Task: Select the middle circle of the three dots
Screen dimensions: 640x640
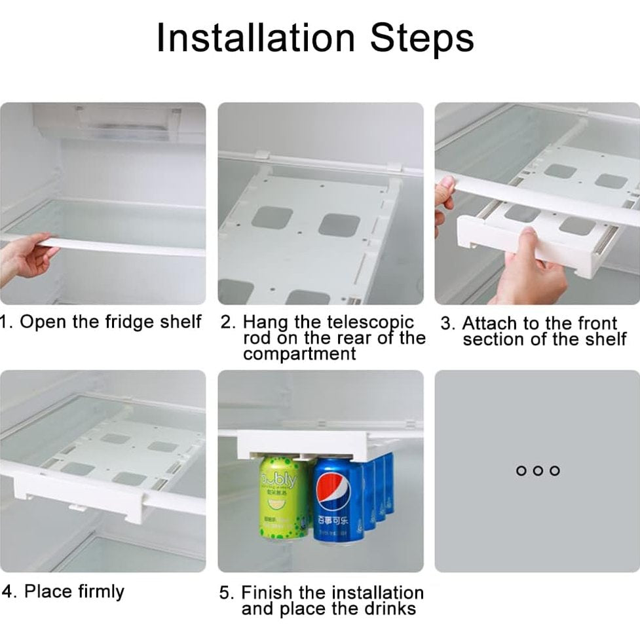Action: [x=537, y=470]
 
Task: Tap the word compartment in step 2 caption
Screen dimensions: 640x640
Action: [x=299, y=354]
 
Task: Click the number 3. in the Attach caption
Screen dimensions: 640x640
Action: [x=447, y=324]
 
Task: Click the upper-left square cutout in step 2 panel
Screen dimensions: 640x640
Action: [x=272, y=217]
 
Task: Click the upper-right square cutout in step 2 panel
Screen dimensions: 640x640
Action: [x=339, y=225]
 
